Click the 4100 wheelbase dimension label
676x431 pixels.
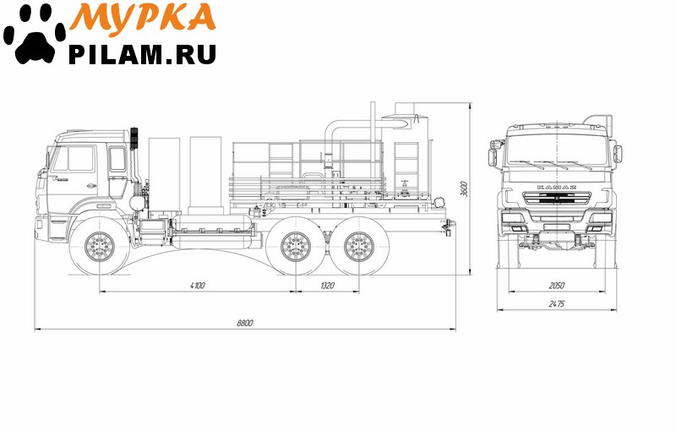click(198, 286)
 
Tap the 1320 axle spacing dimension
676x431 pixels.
click(327, 286)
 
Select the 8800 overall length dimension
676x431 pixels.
click(245, 323)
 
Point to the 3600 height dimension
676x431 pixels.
click(464, 188)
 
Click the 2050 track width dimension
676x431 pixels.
click(557, 286)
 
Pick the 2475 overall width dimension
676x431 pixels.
click(557, 304)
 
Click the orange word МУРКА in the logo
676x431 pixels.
click(143, 19)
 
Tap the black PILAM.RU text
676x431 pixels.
click(142, 54)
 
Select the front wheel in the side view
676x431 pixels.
click(100, 247)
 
